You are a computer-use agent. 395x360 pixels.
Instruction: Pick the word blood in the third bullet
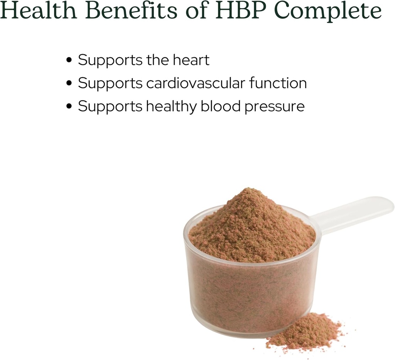(x=218, y=106)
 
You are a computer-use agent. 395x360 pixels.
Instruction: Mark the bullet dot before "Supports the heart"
(x=69, y=61)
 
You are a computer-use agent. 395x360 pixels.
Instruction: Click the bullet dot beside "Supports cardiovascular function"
(x=69, y=84)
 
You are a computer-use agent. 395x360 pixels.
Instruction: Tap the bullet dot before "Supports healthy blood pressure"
(x=69, y=107)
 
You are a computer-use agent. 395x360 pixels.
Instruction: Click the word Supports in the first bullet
(x=110, y=61)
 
